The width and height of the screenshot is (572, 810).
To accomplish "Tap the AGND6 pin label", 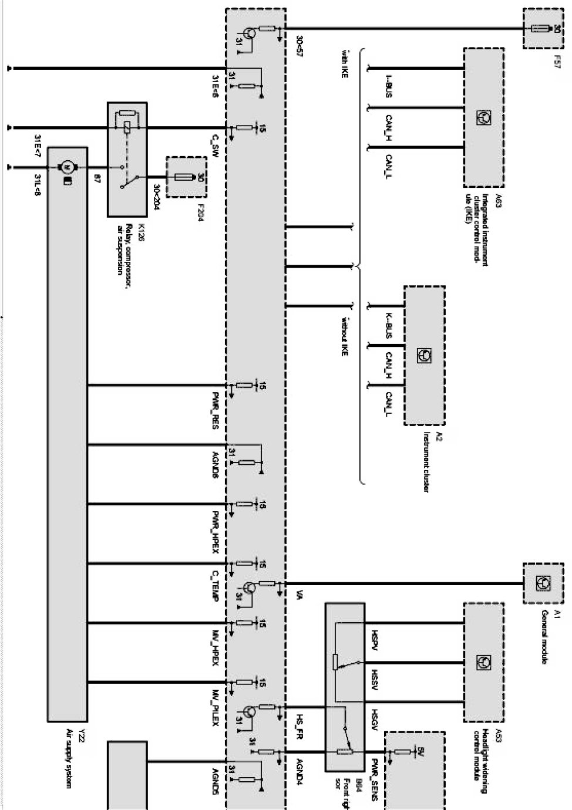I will coord(216,464).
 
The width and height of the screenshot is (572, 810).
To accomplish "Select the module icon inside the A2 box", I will coord(423,356).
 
